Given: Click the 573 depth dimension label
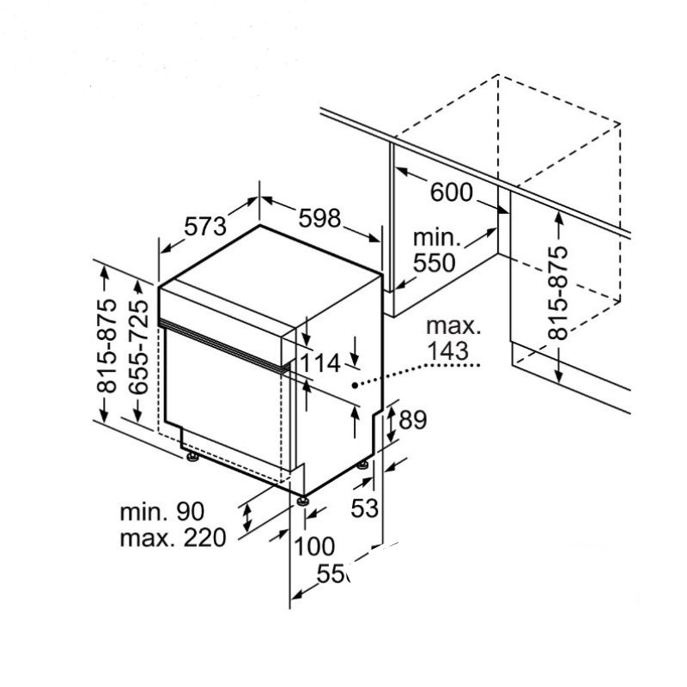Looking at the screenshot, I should coord(205,227).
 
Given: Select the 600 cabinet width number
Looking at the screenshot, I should coord(452,193).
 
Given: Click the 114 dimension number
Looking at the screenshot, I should coord(320,364).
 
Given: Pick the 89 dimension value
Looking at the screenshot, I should coord(414,420).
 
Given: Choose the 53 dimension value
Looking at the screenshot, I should coord(365,508).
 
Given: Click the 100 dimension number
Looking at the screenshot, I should coord(314,545).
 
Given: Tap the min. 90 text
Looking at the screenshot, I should coord(162,512).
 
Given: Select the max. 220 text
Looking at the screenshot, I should coord(173,538).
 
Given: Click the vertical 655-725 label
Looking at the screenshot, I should coord(138,350).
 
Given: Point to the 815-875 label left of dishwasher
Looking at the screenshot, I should coord(106,346).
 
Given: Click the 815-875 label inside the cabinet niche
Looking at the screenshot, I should coord(558,293).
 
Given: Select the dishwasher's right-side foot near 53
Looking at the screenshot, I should coord(363,465).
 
